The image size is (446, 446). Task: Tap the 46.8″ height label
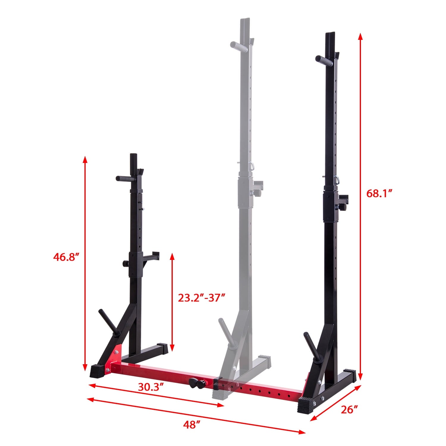pos(66,256)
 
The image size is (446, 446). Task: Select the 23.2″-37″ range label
pos(201,298)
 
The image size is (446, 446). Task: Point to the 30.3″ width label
pos(151,387)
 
